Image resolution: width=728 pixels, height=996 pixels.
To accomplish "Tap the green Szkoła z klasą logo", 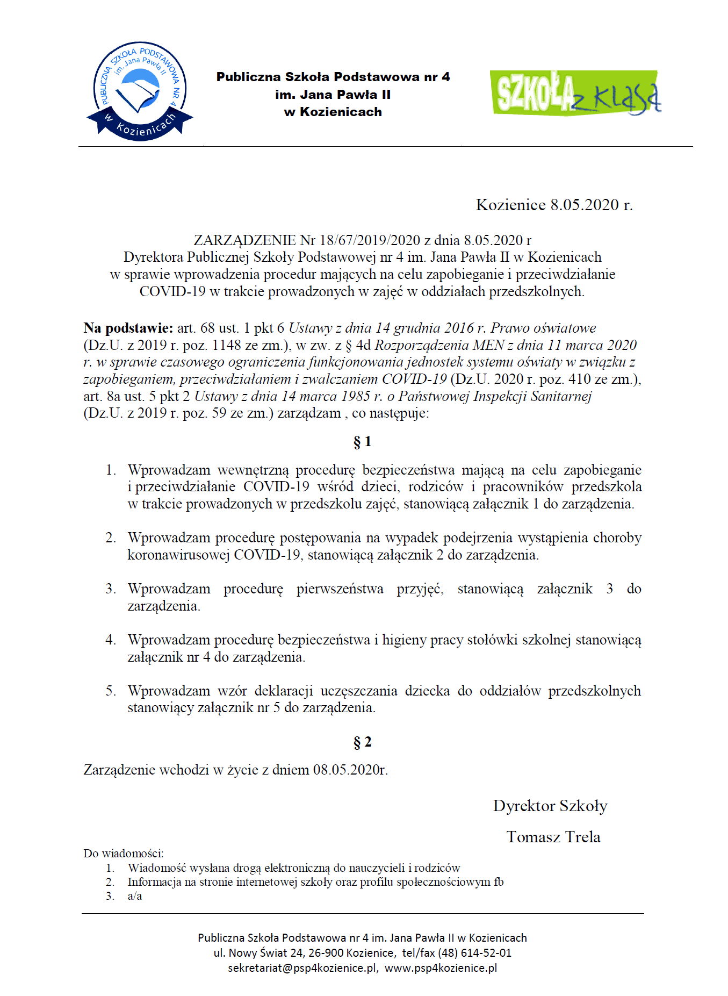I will click(x=575, y=92).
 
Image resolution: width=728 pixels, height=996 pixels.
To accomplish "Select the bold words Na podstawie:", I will click(x=128, y=328).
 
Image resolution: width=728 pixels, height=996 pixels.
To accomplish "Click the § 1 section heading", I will click(x=363, y=442).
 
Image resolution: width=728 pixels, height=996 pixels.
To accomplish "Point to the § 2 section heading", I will click(x=363, y=742).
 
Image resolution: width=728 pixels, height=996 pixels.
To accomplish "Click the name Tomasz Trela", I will click(x=553, y=837).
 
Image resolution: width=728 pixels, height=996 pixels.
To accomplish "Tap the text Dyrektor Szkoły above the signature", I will click(x=550, y=806).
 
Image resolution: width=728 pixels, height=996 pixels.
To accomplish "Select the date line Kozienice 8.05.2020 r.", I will click(x=554, y=205).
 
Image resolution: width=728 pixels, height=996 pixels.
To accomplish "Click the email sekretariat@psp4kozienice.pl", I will click(x=302, y=968).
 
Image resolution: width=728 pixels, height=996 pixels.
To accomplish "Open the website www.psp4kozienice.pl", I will click(x=441, y=968).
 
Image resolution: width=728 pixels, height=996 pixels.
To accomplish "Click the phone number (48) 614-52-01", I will click(x=474, y=953).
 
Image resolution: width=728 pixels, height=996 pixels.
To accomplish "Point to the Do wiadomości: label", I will click(x=124, y=854).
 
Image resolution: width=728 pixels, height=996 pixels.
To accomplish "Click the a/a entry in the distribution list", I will click(x=135, y=896).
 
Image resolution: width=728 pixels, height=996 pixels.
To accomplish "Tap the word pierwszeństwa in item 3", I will click(x=340, y=589).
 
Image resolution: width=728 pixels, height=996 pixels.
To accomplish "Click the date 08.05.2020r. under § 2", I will click(x=350, y=770).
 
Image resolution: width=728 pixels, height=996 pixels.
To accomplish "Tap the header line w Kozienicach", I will click(x=333, y=112).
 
